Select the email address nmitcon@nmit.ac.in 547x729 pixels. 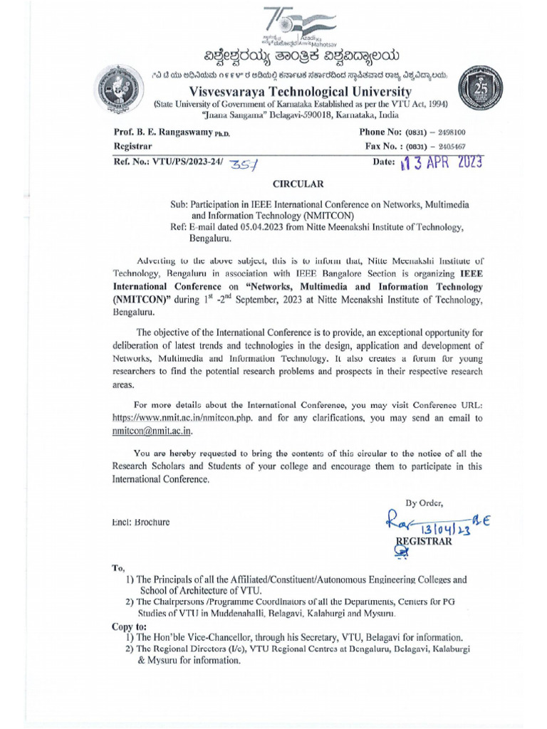point(152,431)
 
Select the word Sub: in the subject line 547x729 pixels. point(179,204)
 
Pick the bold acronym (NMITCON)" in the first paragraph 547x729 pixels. point(143,300)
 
